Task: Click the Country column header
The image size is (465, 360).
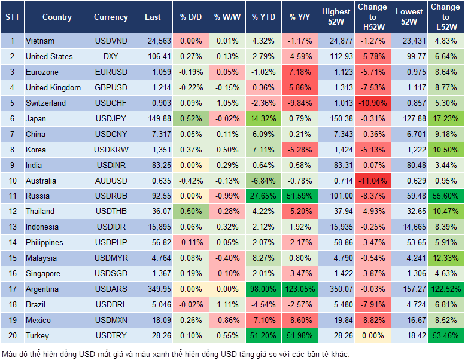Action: pos(57,17)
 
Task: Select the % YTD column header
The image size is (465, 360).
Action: pos(263,17)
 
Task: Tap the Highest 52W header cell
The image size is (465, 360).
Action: pos(336,17)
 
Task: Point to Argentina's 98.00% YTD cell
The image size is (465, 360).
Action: pos(263,289)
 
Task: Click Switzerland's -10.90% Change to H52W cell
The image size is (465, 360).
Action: pos(372,103)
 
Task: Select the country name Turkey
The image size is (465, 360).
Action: pos(38,335)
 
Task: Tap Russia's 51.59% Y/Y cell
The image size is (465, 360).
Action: pos(301,196)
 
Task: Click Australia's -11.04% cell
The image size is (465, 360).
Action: pos(372,181)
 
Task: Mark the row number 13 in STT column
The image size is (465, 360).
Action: pos(12,227)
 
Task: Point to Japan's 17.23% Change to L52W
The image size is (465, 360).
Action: pos(445,118)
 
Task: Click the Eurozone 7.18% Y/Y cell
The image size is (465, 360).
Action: pos(301,72)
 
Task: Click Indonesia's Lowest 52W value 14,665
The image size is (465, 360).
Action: pos(411,227)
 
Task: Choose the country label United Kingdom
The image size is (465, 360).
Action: pos(53,87)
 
